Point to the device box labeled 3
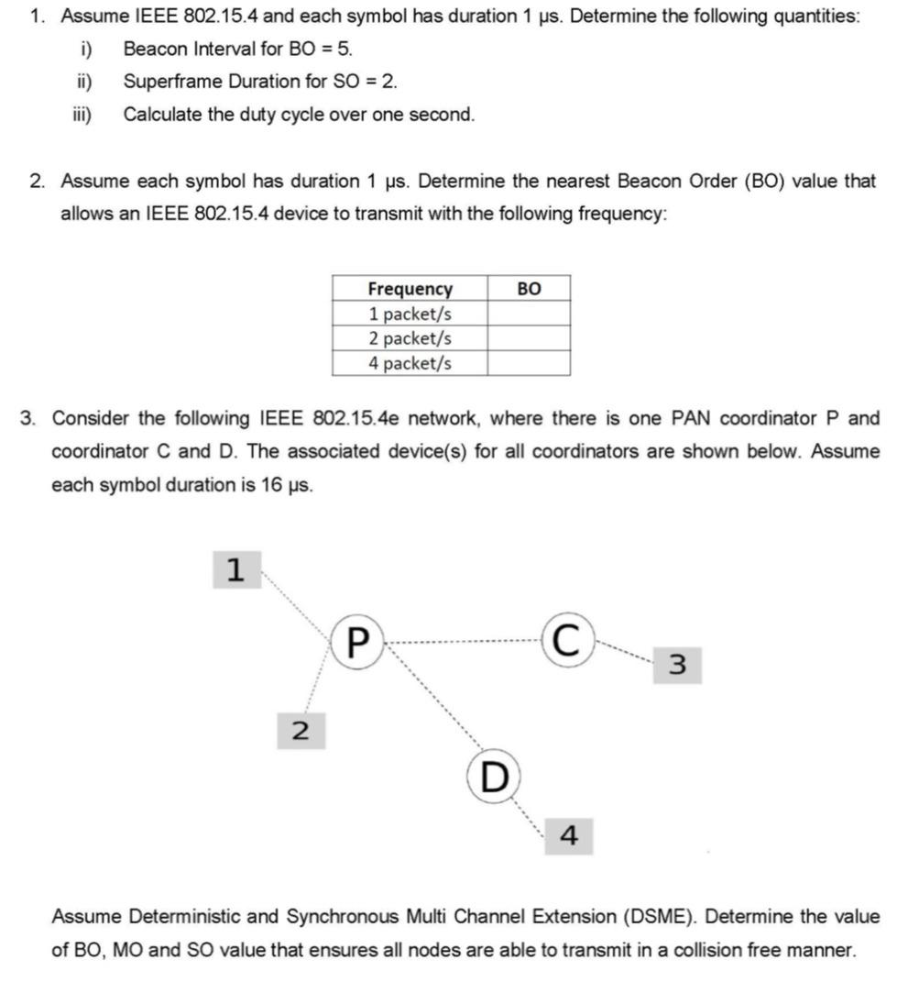[x=677, y=665]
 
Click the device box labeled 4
[x=568, y=835]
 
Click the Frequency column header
[x=410, y=289]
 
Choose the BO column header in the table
[x=529, y=289]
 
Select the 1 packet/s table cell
[x=410, y=314]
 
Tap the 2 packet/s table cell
[x=410, y=338]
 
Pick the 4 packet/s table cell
[x=410, y=363]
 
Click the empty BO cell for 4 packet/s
[x=529, y=363]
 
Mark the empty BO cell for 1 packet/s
[x=529, y=314]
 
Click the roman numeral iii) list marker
[x=82, y=115]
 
